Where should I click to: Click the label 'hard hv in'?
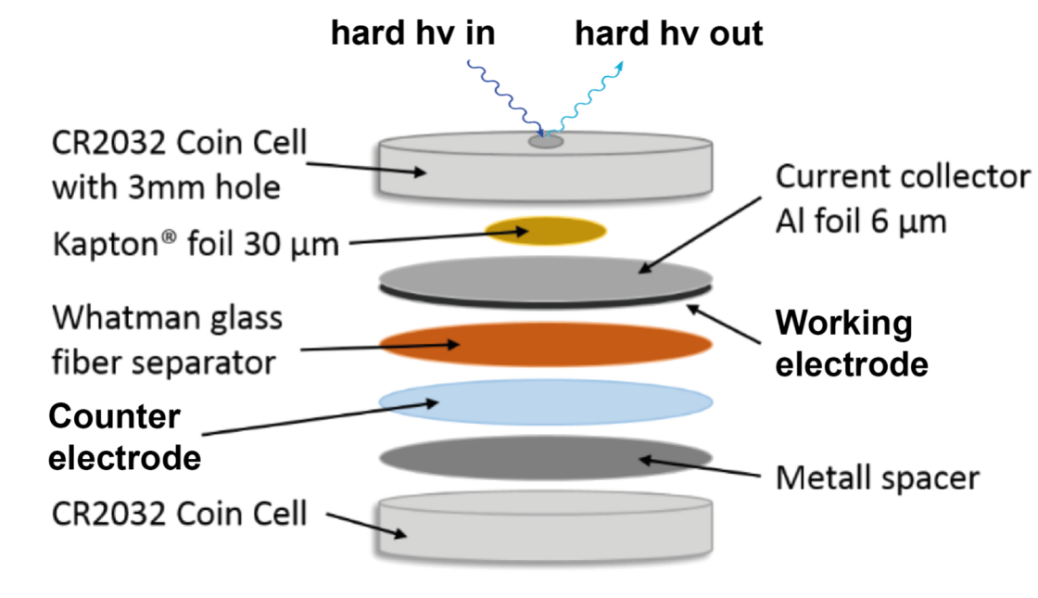point(413,33)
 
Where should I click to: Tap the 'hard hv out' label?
point(668,33)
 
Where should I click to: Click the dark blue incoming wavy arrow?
point(506,98)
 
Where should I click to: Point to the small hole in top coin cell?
point(546,141)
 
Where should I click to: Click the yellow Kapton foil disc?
point(546,231)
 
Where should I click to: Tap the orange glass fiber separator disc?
point(546,344)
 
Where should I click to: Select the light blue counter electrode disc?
point(546,402)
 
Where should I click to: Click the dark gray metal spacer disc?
point(546,458)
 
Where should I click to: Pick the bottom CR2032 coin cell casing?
point(546,528)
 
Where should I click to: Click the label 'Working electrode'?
point(852,343)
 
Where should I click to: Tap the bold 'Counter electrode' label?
point(124,437)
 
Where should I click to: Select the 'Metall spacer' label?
point(877,477)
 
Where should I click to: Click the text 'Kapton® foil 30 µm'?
point(196,244)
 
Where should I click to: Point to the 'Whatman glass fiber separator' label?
point(167,340)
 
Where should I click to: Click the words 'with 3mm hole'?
point(166,187)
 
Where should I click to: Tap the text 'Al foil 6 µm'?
point(861,222)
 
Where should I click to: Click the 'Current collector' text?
point(903,177)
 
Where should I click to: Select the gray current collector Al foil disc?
point(546,278)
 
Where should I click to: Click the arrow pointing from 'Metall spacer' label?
point(700,467)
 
